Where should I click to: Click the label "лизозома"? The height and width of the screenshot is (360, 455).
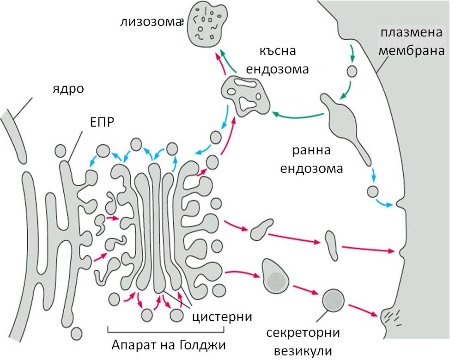[x=151, y=22]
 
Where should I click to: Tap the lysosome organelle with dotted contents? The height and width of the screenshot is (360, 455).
[x=206, y=25]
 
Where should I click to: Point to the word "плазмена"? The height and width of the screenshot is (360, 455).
[x=411, y=32]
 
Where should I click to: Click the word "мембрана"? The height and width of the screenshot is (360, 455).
[x=412, y=51]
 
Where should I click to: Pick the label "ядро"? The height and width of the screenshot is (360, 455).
[x=68, y=88]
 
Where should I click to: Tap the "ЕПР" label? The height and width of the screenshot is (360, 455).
[x=102, y=122]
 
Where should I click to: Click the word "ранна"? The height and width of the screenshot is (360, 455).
[x=311, y=150]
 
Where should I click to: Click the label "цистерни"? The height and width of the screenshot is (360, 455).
[x=222, y=317]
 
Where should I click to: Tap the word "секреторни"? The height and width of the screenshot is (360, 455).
[x=303, y=332]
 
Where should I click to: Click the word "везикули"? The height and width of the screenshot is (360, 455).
[x=303, y=351]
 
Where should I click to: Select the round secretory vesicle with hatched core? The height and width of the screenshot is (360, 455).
[x=334, y=299]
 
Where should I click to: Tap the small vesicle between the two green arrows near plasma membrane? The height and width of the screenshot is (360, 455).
[x=352, y=71]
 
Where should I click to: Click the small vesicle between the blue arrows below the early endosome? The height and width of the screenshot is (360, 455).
[x=373, y=192]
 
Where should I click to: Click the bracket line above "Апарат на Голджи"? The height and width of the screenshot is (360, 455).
[x=166, y=332]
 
